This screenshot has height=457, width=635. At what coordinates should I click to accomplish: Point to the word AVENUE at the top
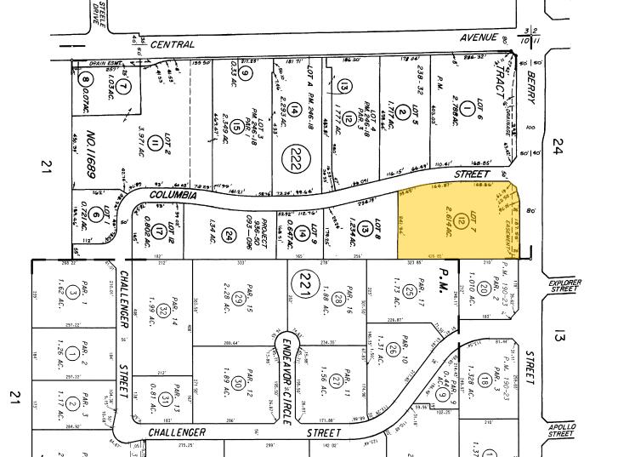click(x=479, y=38)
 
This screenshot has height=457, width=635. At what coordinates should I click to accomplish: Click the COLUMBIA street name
click(x=173, y=195)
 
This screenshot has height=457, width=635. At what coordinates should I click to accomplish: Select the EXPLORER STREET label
click(x=563, y=285)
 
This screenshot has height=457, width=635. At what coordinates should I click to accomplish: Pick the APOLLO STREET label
click(x=562, y=430)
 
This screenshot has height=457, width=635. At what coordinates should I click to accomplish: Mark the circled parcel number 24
click(x=227, y=232)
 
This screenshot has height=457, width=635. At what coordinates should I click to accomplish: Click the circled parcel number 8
click(x=85, y=82)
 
